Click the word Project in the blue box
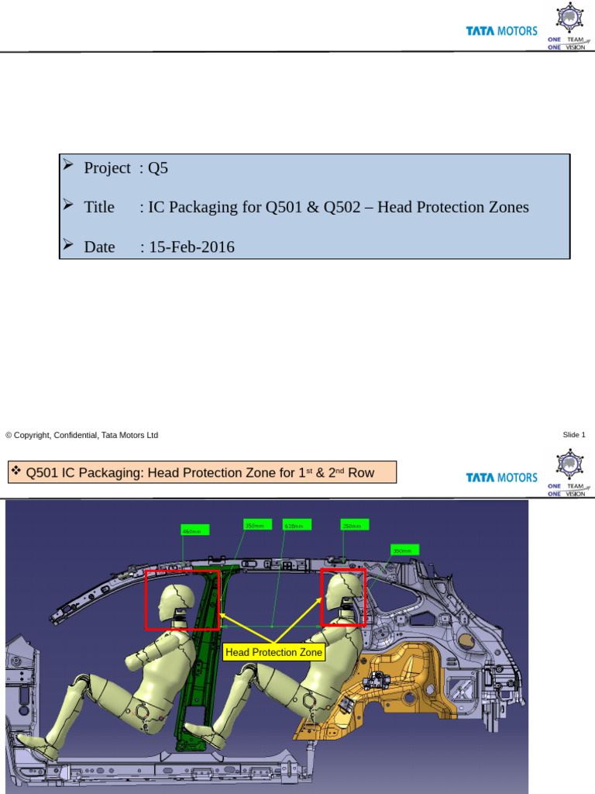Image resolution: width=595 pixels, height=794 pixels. [107, 168]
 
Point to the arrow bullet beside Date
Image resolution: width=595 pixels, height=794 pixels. [69, 245]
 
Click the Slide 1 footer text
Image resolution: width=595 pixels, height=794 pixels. [574, 435]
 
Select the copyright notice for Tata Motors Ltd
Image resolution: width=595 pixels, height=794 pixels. [82, 435]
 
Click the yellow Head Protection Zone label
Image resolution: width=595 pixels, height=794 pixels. [273, 653]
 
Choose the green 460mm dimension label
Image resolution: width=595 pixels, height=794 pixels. [191, 531]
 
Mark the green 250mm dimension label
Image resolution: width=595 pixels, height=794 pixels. [352, 526]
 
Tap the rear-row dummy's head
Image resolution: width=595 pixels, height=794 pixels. [343, 591]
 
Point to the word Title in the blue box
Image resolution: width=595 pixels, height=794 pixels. [99, 207]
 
